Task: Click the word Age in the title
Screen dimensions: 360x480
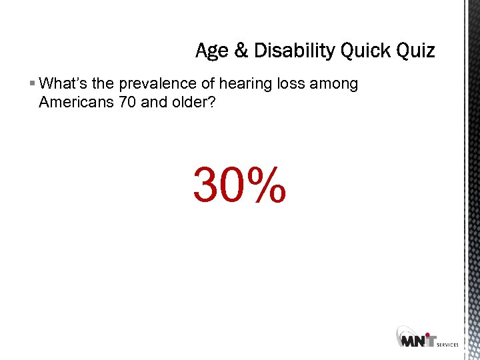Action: tap(211, 51)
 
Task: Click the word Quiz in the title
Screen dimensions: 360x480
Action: tap(415, 51)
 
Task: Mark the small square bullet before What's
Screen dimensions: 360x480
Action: tap(33, 84)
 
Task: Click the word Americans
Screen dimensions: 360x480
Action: tap(74, 103)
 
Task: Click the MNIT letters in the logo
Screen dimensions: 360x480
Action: tap(419, 340)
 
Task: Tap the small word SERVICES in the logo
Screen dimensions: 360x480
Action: tap(447, 345)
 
